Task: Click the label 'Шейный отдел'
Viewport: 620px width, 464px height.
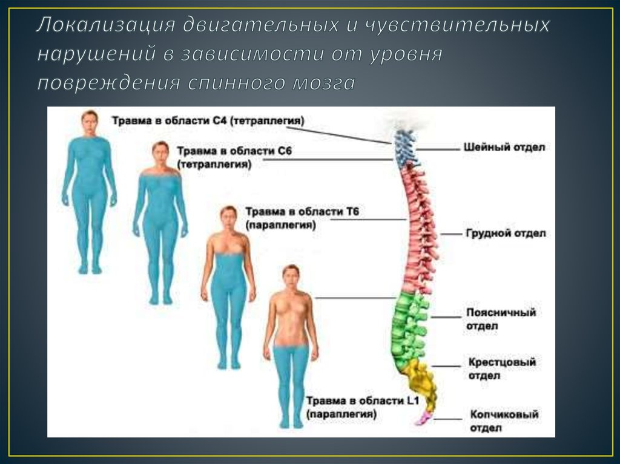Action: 504,147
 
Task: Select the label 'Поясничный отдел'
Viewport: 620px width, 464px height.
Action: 500,319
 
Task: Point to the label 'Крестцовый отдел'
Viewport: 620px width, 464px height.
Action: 501,368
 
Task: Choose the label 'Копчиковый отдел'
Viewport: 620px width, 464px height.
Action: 503,421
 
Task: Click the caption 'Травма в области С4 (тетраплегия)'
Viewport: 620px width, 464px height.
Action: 207,120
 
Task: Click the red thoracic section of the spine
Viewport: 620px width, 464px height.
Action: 420,230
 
